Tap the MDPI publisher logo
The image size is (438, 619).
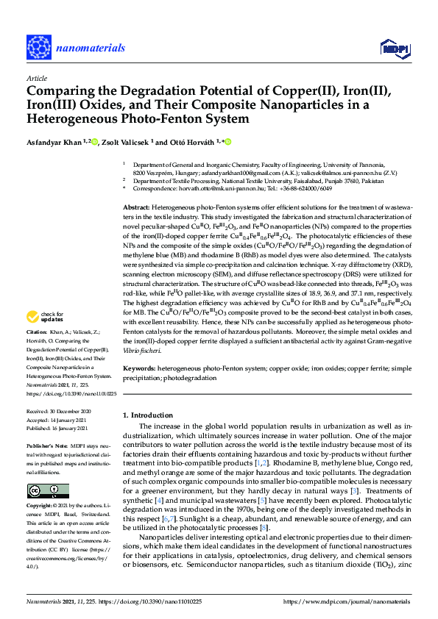394,49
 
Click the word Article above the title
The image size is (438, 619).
36,77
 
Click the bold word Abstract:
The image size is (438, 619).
138,209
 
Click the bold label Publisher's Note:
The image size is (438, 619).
47,446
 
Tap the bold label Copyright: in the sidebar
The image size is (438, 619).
42,507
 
